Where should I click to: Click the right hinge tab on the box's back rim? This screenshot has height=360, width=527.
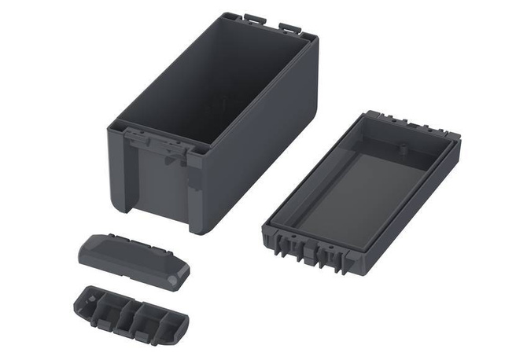pos(290,28)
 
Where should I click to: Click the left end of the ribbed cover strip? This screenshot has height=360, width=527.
pos(79,299)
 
